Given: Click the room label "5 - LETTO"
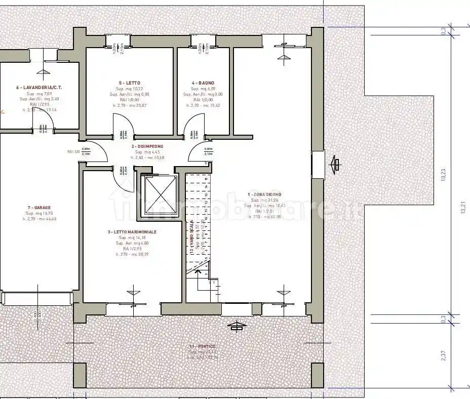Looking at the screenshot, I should click(130, 83).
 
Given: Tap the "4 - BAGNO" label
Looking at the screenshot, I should click(203, 83).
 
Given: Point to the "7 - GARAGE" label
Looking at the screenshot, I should click(40, 207).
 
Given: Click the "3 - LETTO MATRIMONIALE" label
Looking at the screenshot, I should click(132, 231).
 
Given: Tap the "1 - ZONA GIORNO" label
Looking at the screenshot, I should click(264, 194).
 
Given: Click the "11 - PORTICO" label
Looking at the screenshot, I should click(201, 346).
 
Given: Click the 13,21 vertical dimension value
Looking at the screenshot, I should click(462, 208).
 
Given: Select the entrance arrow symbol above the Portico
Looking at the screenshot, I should click(236, 326).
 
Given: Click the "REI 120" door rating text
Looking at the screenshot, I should click(73, 151).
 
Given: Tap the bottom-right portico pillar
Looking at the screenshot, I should click(318, 375).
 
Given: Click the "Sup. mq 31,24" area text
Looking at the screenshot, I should click(264, 200).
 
